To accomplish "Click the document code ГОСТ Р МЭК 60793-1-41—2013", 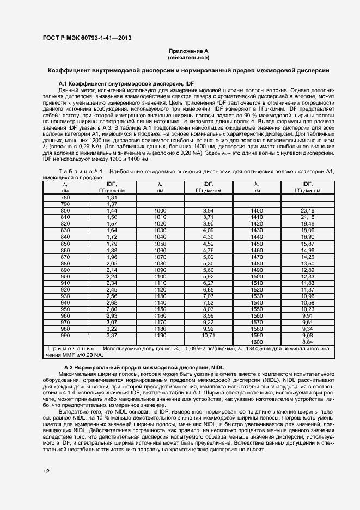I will (x=88, y=38).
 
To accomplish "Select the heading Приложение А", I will (x=188, y=50).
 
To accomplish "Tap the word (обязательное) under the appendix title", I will (x=188, y=57).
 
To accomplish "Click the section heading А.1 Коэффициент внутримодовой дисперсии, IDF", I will (x=127, y=82).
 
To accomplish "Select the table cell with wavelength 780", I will (x=65, y=197).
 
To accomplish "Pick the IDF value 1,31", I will (x=112, y=197).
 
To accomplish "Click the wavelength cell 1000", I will (x=160, y=210).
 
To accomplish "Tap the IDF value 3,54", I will (x=208, y=210).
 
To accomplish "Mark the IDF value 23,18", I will (x=308, y=210).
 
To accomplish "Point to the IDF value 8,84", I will (x=308, y=342).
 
